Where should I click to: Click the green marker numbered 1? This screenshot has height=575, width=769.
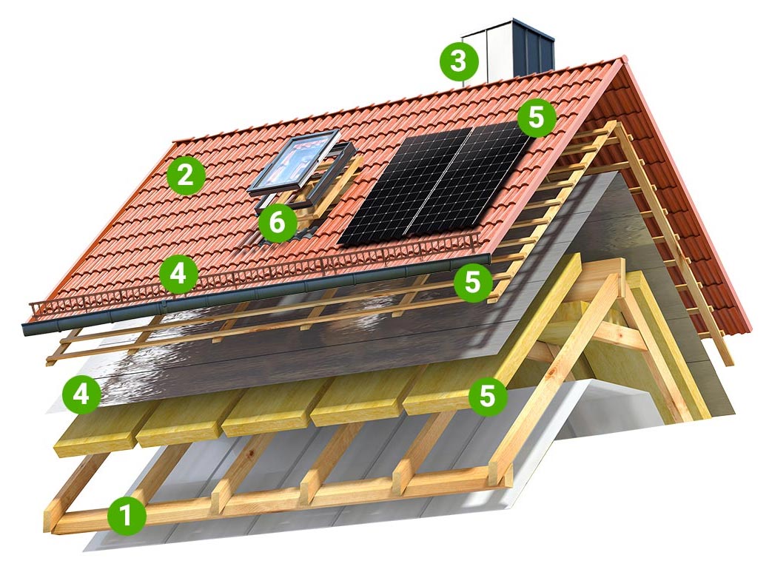[x=127, y=516]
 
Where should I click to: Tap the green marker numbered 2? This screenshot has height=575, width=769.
[x=185, y=175]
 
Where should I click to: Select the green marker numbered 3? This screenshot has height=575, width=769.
[x=458, y=62]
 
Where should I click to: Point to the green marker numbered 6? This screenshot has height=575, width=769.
[x=278, y=223]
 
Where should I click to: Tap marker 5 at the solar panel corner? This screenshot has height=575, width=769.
[x=536, y=118]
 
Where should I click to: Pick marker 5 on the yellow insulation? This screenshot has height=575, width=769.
[x=488, y=395]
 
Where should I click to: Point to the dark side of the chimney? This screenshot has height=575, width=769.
[x=534, y=48]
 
